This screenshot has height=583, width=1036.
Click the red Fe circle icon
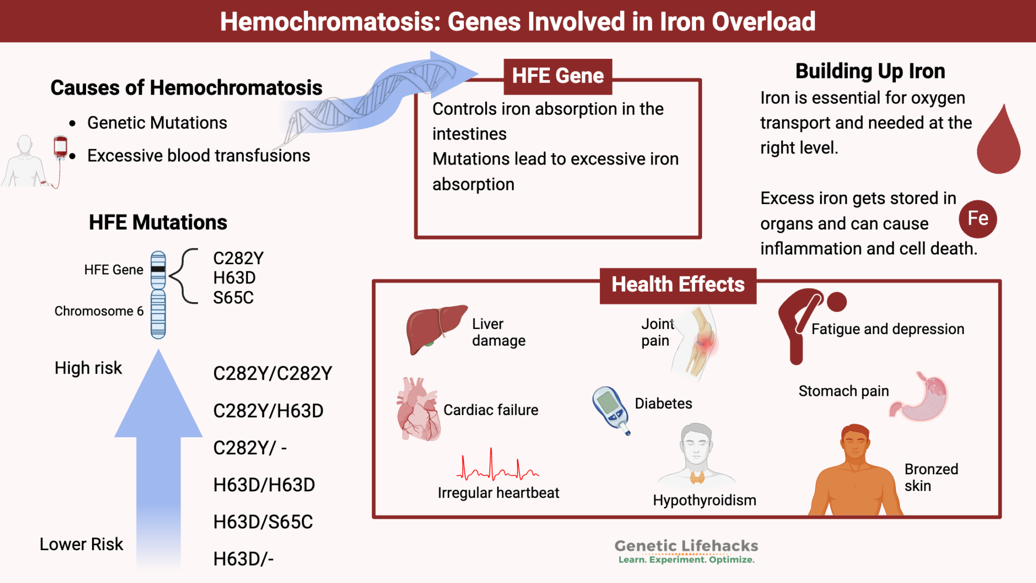point(977,219)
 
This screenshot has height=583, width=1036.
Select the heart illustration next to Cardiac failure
point(418,410)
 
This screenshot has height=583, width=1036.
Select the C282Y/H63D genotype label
point(268,411)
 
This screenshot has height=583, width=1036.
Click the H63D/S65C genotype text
point(263,522)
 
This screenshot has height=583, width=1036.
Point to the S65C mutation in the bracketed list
point(233,298)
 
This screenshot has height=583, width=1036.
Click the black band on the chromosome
point(158,269)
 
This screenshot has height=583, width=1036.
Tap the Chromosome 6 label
point(99,311)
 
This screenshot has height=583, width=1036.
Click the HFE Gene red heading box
point(557,76)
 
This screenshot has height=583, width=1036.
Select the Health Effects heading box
point(677,285)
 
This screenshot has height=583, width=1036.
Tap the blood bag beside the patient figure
point(60,146)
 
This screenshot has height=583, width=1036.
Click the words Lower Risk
point(81,544)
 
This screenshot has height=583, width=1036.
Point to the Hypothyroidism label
point(704,500)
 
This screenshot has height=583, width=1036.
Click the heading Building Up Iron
point(870,71)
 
